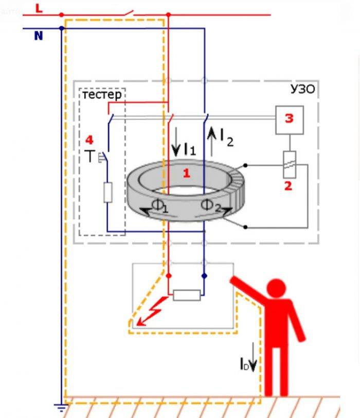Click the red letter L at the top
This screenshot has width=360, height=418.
[39, 9]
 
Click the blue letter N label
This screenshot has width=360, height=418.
[39, 36]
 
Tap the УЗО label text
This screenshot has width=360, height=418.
[302, 89]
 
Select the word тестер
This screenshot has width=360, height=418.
[102, 95]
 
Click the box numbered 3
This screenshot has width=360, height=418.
[290, 120]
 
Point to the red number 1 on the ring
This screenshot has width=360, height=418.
[187, 173]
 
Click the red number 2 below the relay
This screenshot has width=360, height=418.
[288, 186]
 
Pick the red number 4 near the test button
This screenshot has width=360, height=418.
[89, 140]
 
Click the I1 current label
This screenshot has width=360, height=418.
[190, 149]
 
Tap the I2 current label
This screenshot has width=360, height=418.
[227, 137]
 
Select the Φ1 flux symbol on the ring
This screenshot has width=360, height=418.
[160, 205]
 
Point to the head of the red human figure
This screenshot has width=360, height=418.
[276, 288]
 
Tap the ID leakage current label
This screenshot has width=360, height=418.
[245, 364]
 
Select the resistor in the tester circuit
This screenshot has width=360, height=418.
[108, 193]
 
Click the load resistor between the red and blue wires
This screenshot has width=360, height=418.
[187, 295]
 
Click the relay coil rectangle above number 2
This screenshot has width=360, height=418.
[289, 165]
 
